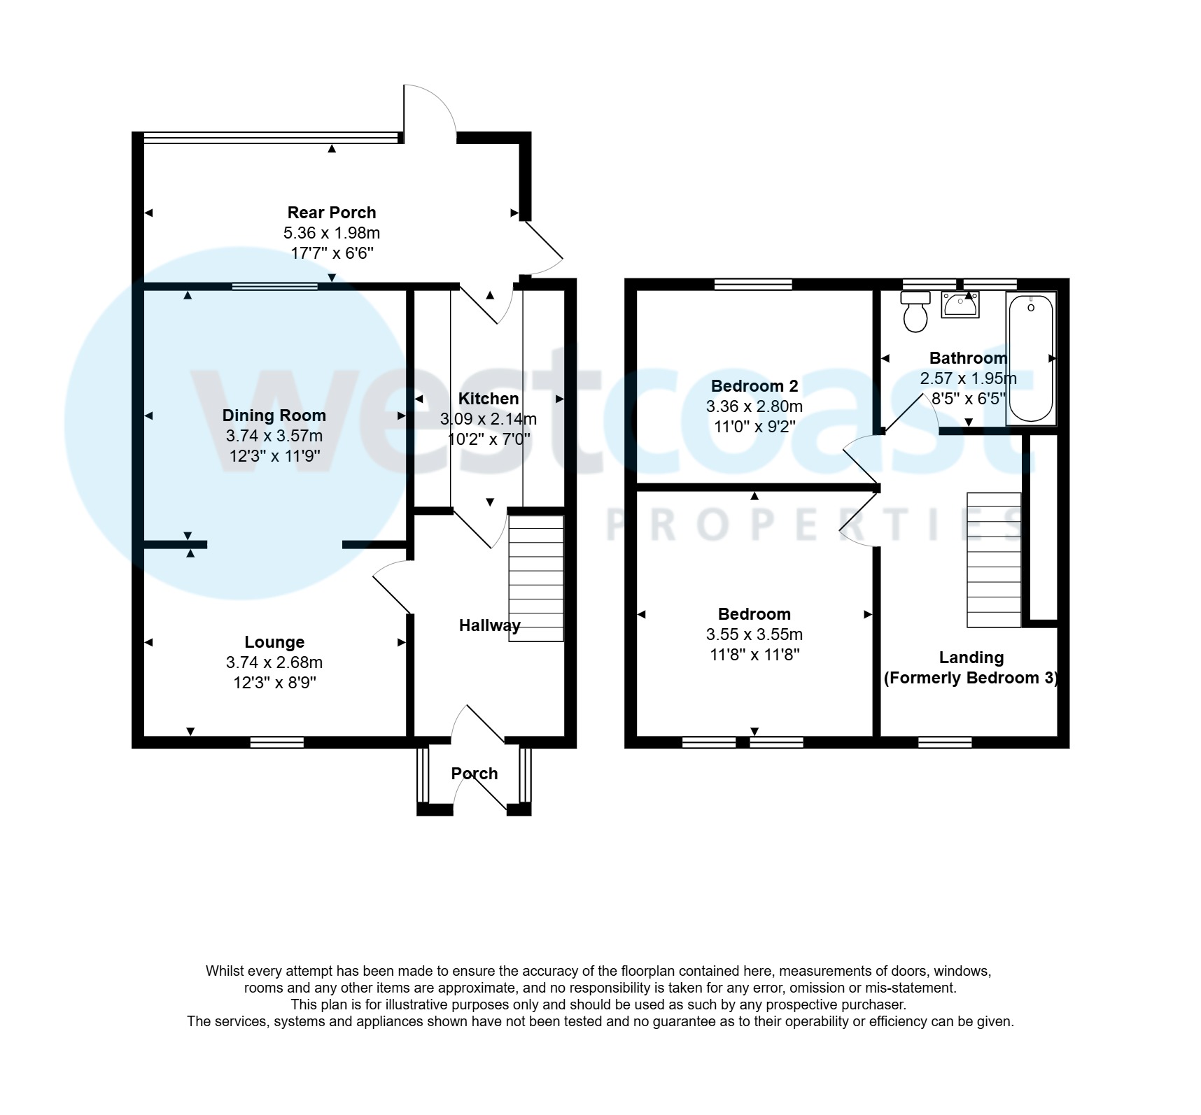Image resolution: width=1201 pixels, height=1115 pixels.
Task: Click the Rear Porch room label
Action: point(332,213)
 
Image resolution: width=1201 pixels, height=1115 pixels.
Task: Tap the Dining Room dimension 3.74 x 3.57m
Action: point(274,436)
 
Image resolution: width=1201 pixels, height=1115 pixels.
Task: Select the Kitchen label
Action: point(489,399)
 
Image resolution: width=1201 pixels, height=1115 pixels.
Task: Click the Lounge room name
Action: point(274,642)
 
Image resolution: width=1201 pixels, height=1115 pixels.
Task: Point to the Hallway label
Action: point(489,625)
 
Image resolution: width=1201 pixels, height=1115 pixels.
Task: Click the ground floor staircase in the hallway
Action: point(535,578)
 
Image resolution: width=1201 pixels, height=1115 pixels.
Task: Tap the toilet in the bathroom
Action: point(915,312)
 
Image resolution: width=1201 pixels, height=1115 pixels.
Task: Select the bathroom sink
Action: point(960,305)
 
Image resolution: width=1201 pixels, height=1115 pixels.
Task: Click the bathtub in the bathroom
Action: point(1031,358)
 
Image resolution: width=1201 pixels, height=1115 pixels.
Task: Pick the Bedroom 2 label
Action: point(754,386)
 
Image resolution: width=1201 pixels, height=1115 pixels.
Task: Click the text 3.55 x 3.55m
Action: point(754,634)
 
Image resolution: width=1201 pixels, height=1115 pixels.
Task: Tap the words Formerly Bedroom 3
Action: point(971,678)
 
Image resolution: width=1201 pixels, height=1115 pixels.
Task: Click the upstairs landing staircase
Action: point(994,560)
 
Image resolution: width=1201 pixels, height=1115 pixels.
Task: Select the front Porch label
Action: point(475,774)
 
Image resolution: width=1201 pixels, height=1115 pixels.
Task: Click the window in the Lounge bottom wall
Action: point(277,742)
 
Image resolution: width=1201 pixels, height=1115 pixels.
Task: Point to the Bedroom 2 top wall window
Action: point(753,284)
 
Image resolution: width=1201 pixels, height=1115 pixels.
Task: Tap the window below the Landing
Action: point(945,742)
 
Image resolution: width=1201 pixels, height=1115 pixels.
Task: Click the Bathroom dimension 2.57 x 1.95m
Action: point(968,378)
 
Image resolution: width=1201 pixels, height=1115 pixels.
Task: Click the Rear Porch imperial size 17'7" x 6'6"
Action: point(332,253)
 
